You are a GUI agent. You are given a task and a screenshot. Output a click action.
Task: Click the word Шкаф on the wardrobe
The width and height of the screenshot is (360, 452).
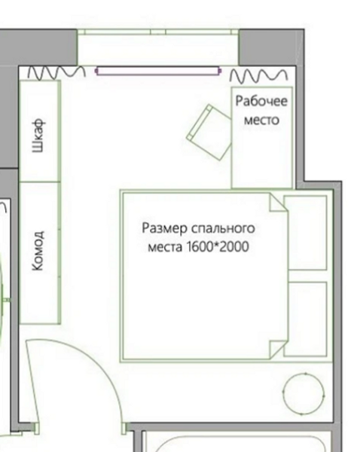[38, 135]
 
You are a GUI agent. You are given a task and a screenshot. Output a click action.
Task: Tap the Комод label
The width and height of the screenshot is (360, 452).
[38, 251]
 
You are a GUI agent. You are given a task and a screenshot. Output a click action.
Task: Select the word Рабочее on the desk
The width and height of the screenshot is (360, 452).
[261, 101]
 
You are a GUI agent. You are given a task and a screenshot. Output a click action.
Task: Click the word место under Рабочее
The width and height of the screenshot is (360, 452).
[261, 120]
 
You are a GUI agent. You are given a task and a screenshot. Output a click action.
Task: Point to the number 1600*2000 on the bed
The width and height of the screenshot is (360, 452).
[218, 247]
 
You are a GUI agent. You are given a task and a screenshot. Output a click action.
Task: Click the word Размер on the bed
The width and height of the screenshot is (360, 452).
[164, 228]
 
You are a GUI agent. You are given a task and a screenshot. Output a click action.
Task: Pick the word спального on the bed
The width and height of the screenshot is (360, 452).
[223, 228]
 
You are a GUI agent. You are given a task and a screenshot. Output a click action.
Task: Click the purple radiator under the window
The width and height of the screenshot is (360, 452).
[158, 71]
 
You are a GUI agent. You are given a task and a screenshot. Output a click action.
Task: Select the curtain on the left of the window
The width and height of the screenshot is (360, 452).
[56, 72]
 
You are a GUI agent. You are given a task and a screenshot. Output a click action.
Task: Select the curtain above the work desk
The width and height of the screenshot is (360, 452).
[258, 75]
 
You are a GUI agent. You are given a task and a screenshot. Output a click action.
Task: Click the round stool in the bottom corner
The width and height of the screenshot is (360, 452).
[304, 394]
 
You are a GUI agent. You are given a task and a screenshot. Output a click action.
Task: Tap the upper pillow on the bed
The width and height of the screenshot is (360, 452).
[305, 233]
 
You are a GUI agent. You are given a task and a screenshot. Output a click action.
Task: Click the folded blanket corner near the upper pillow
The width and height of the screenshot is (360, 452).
[279, 203]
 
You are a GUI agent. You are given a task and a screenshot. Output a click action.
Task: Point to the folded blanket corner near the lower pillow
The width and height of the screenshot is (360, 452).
[279, 350]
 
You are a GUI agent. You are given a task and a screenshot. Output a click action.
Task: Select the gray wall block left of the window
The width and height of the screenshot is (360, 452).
[38, 47]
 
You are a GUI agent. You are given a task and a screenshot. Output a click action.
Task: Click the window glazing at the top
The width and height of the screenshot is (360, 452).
[158, 32]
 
